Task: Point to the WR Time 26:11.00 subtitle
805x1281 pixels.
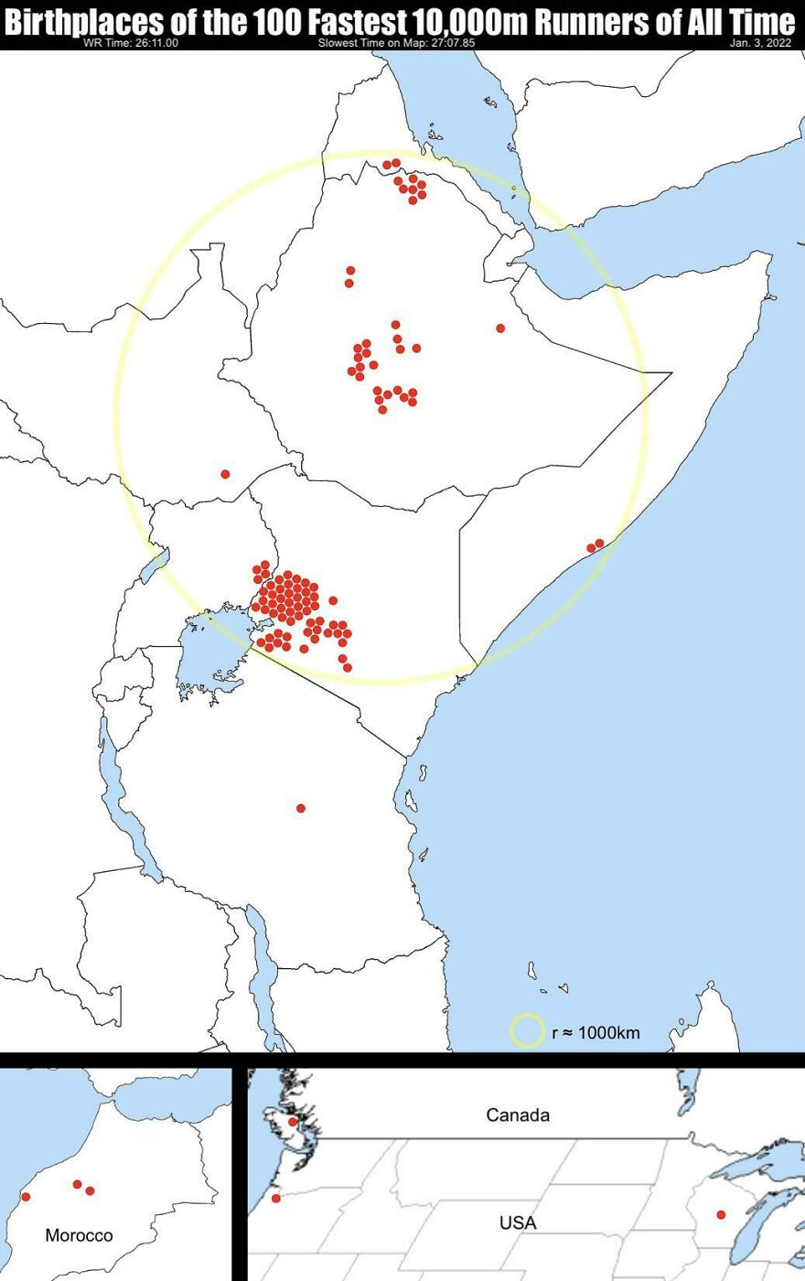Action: coord(131,43)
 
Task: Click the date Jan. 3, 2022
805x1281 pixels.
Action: coord(760,43)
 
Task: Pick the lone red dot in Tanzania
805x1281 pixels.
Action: coord(301,808)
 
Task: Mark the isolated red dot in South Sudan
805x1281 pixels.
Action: coord(225,474)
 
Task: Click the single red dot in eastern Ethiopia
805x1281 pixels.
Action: coord(500,328)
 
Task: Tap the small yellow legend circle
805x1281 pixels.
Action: coord(527,1030)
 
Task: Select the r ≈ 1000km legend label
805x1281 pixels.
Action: coord(596,1033)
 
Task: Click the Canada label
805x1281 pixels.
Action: coord(518,1114)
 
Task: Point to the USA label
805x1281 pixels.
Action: coord(518,1222)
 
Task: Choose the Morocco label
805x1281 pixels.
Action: coord(80,1235)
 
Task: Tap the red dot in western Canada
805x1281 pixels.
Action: coord(293,1122)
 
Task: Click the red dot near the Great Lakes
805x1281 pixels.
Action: coord(721,1215)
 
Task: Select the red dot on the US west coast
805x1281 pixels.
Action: coord(276,1198)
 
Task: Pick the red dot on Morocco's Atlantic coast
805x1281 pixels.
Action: coord(26,1197)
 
